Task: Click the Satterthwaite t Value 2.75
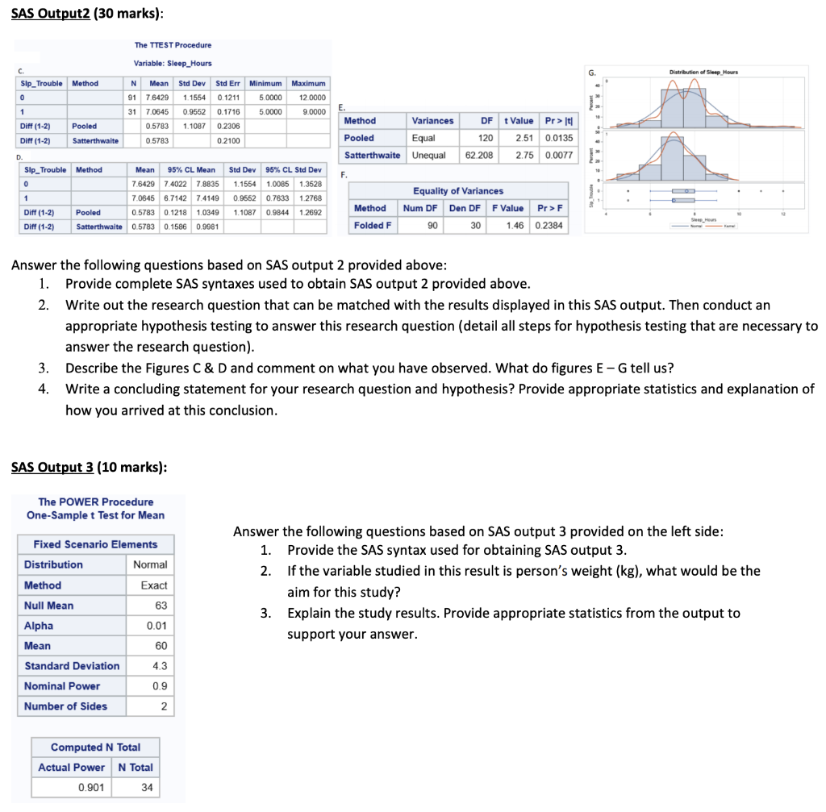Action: pyautogui.click(x=525, y=155)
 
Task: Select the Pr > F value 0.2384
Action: pyautogui.click(x=549, y=226)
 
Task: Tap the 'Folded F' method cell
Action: pyautogui.click(x=373, y=226)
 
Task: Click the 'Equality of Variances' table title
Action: pyautogui.click(x=457, y=191)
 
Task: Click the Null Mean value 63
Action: pyautogui.click(x=161, y=606)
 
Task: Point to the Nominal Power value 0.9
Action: pyautogui.click(x=160, y=686)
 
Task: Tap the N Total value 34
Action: pyautogui.click(x=146, y=787)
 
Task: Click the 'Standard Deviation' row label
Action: pyautogui.click(x=72, y=666)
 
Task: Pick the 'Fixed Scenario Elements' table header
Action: pyautogui.click(x=95, y=544)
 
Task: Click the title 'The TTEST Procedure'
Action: pyautogui.click(x=173, y=45)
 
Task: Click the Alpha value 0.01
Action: pyautogui.click(x=156, y=626)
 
